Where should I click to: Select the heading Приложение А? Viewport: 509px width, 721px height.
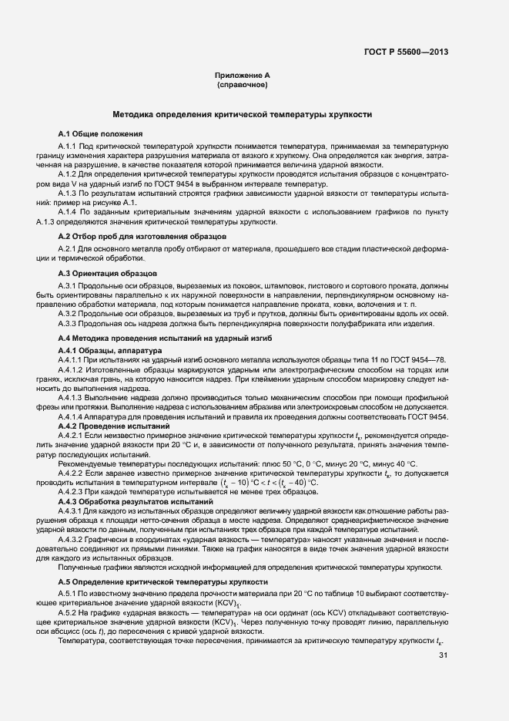point(243,76)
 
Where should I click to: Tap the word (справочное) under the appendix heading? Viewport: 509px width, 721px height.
point(243,85)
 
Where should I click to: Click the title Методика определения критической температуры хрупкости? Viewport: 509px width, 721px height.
point(243,114)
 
